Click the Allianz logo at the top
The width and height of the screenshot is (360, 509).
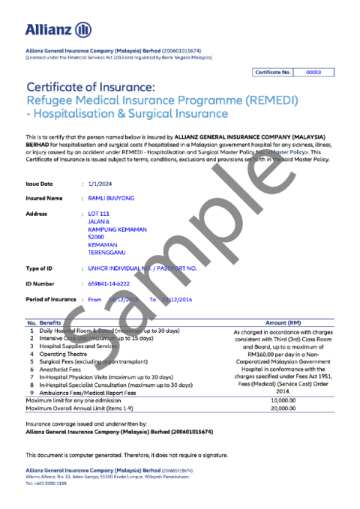coord(58,30)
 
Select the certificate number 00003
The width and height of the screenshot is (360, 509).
coord(314,72)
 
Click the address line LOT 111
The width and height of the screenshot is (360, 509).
coord(99,214)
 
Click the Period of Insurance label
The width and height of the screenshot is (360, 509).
coord(51,299)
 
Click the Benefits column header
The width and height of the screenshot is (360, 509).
coord(51,322)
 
